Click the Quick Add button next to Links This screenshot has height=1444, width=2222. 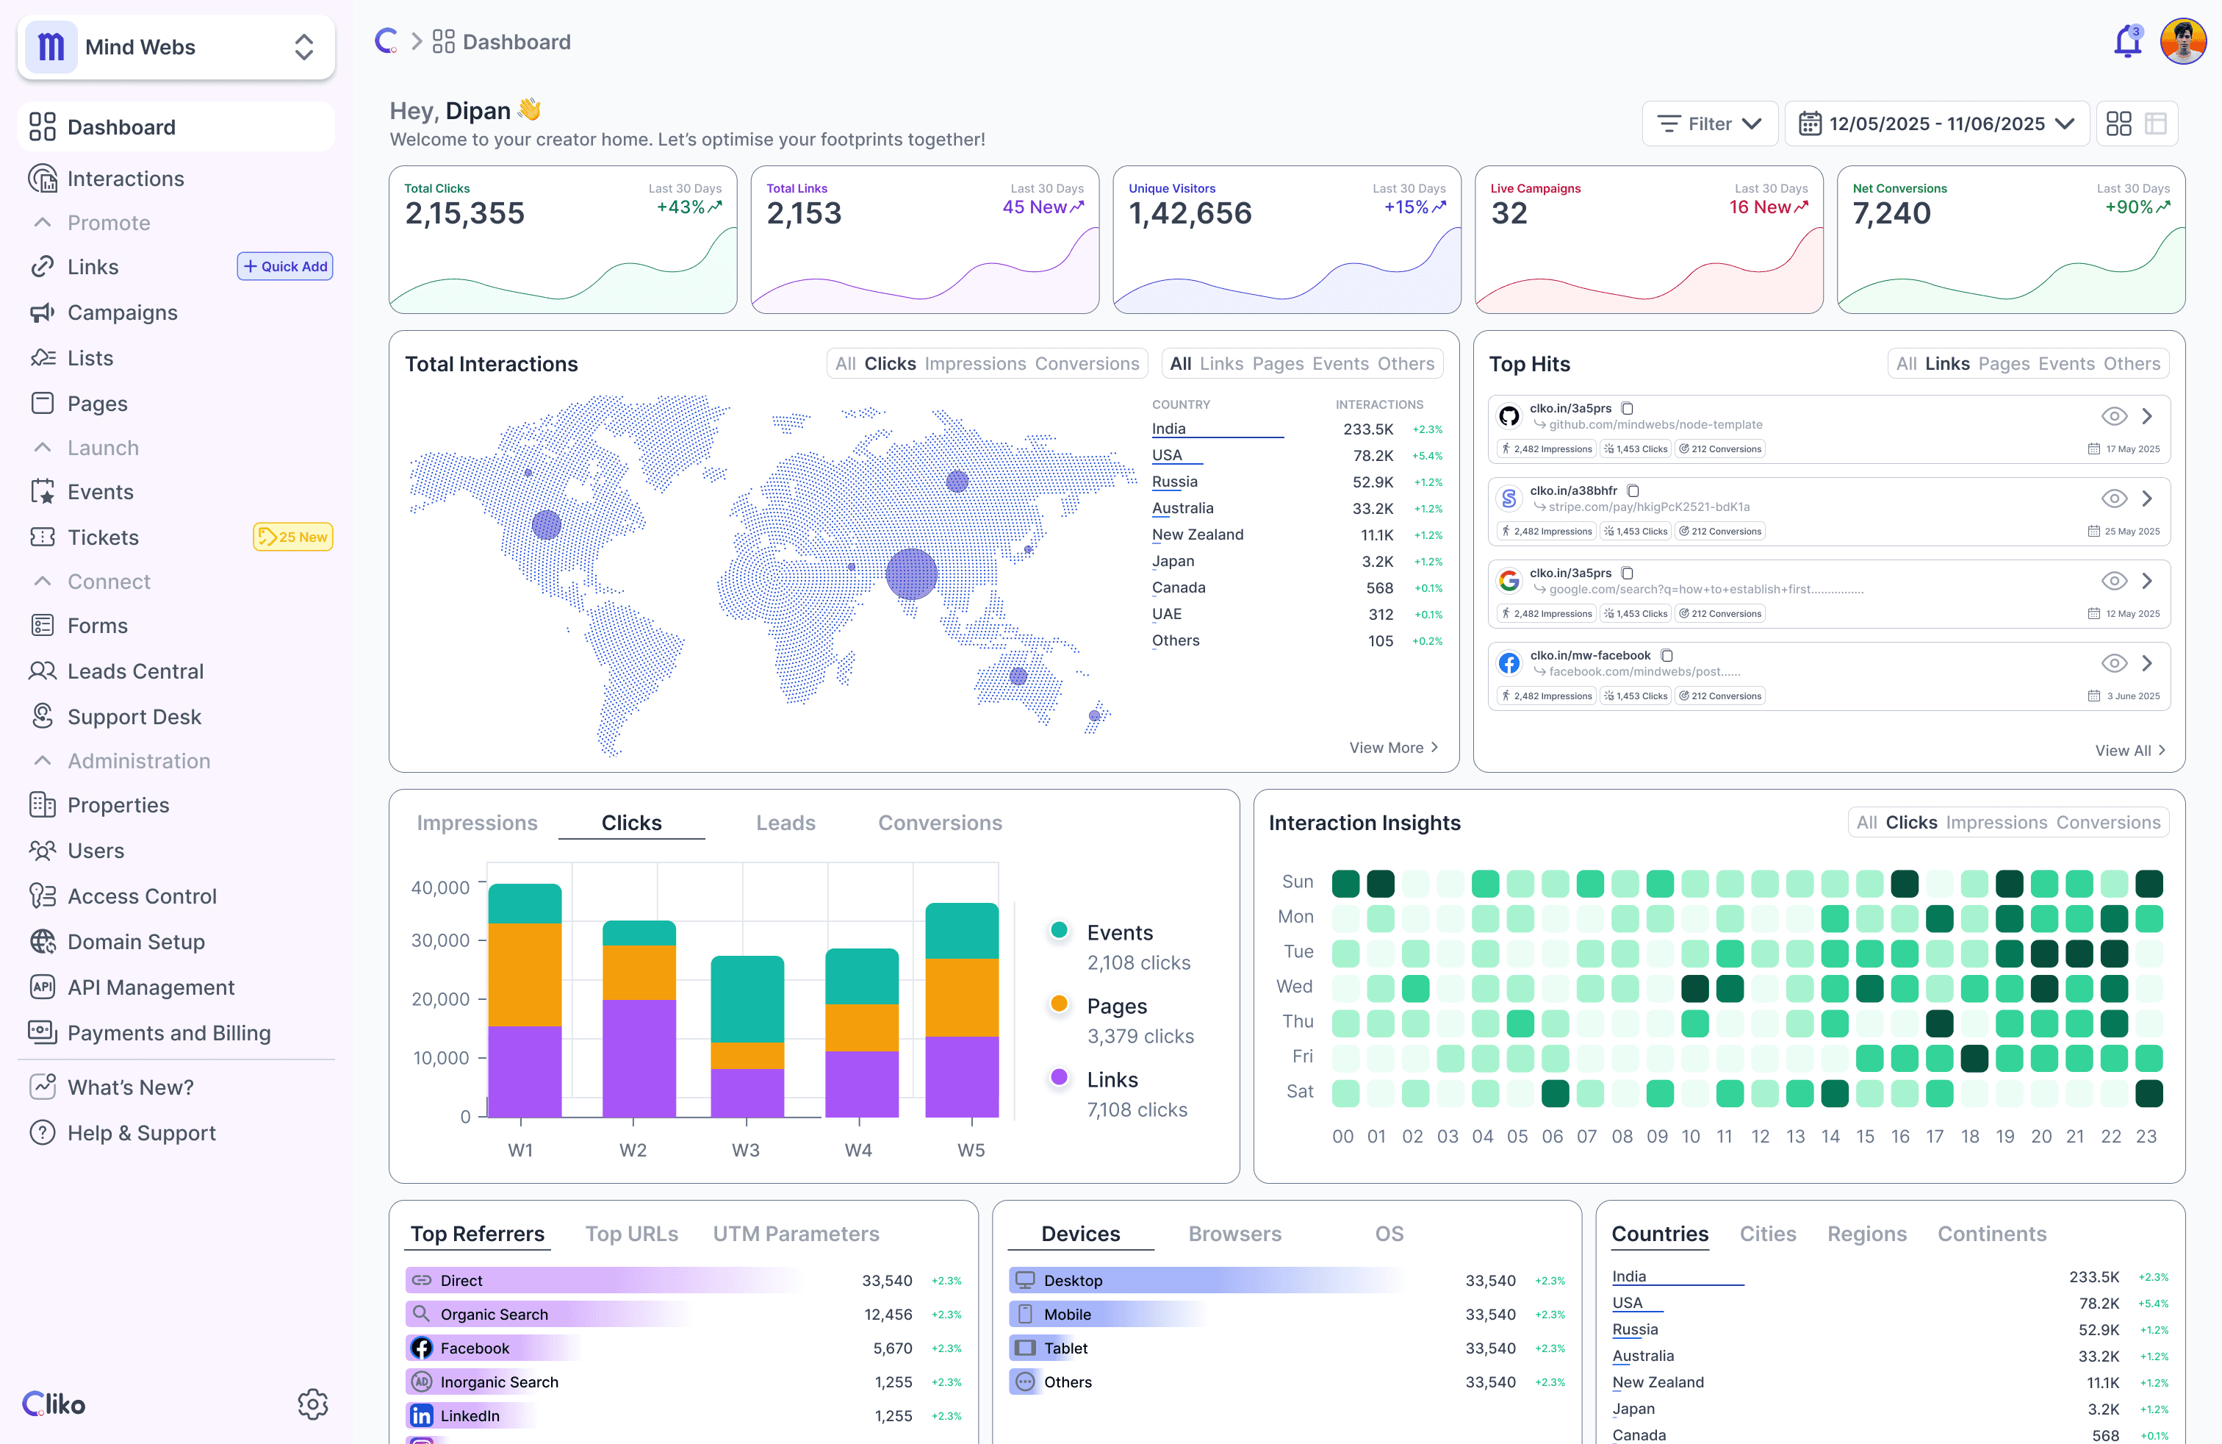point(285,266)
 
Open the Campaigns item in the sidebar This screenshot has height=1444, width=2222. point(121,313)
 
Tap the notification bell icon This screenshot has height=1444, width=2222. point(2126,43)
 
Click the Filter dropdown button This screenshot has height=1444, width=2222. point(1708,124)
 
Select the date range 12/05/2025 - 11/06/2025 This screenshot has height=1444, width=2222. point(1936,124)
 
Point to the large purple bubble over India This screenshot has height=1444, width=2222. point(910,573)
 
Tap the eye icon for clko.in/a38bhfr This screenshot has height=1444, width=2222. point(2114,498)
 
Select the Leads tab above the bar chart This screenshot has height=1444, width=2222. point(785,823)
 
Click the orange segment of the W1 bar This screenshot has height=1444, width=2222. point(525,974)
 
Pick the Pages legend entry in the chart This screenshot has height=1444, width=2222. point(1117,1006)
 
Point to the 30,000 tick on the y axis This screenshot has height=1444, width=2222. point(441,940)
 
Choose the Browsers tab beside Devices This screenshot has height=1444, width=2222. point(1234,1234)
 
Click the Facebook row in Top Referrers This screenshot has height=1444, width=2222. point(474,1348)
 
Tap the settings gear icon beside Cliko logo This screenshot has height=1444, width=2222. point(313,1403)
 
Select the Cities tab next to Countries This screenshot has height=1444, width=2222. point(1766,1234)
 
